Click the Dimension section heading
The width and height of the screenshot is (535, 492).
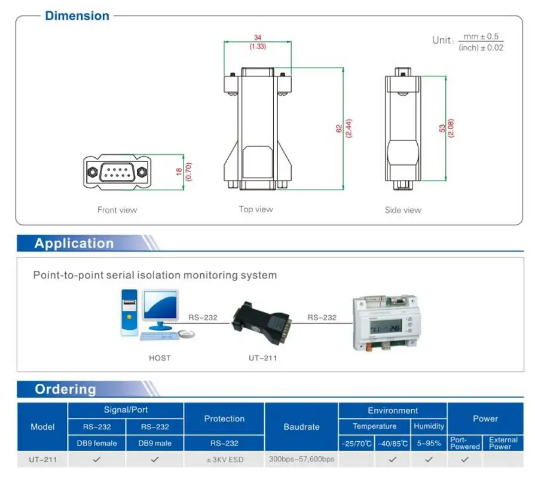pos(77,16)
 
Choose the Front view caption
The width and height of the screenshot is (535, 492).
pos(117,210)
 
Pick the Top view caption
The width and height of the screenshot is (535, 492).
pos(256,209)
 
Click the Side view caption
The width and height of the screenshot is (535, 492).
pos(403,210)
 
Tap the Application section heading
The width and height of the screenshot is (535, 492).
pos(74,243)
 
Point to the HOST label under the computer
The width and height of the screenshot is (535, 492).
pos(160,358)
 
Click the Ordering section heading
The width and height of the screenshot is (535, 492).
pos(65,389)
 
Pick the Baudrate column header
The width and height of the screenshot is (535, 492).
pos(301,427)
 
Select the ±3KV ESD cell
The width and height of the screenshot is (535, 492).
pos(224,460)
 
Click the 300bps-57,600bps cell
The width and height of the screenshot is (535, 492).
pos(301,459)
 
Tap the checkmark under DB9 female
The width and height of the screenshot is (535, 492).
pos(97,460)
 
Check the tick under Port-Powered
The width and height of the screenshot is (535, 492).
pos(464,460)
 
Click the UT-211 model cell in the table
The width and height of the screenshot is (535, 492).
pos(42,460)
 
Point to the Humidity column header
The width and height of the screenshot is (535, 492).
pos(429,426)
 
